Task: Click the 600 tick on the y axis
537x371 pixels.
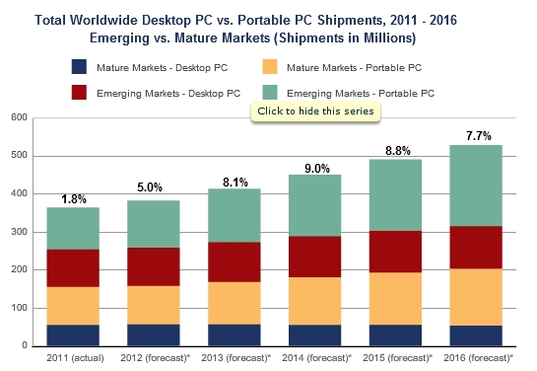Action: (x=18, y=118)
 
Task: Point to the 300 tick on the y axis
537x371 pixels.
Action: (x=18, y=232)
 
